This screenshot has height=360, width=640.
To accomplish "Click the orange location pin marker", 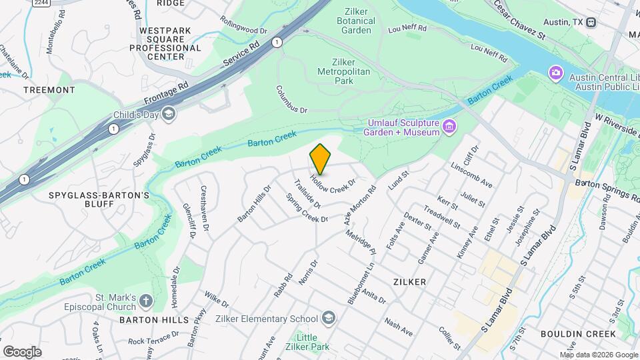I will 320,159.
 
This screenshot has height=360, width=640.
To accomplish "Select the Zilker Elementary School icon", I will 327,319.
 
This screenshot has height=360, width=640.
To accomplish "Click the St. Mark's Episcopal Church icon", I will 147,302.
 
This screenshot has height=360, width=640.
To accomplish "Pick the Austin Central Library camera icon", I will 555,72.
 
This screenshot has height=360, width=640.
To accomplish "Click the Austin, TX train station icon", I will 591,22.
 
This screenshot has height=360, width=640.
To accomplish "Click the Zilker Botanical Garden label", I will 360,21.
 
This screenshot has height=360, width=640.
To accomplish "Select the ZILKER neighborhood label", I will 409,282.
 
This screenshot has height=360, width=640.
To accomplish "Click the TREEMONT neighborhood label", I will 49,89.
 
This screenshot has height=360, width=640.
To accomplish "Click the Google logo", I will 22,351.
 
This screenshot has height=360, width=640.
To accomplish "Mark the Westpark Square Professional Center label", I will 165,43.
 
